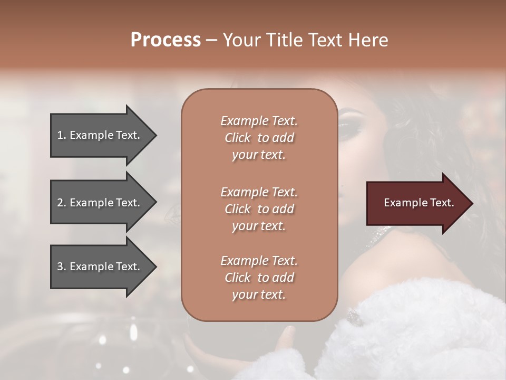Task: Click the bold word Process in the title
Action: [166, 40]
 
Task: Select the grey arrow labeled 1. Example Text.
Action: [100, 135]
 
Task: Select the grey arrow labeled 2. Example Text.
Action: [100, 203]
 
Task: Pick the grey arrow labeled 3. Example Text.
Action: [100, 267]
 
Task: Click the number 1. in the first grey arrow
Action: [62, 135]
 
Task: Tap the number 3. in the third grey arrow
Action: [62, 267]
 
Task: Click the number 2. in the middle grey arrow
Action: [62, 203]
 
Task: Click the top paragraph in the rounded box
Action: [259, 138]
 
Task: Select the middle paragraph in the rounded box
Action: [259, 209]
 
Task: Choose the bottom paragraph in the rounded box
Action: [259, 278]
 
